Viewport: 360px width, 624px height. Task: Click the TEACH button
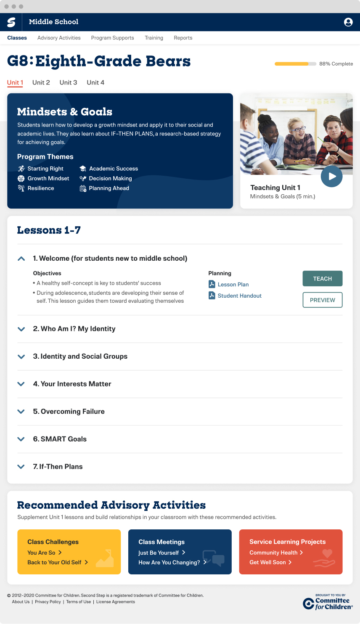click(x=323, y=279)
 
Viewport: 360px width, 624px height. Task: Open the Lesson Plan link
click(x=233, y=285)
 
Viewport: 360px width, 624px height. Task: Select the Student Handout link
click(x=239, y=296)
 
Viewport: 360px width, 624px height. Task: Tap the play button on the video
click(x=332, y=177)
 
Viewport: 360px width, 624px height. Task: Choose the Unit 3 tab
click(x=68, y=83)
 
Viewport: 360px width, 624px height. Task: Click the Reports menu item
click(x=183, y=38)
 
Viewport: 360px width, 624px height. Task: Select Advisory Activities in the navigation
click(x=59, y=38)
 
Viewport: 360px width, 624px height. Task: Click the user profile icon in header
click(x=348, y=22)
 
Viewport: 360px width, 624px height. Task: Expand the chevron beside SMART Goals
click(x=21, y=439)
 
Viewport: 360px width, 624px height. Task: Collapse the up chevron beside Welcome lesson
click(x=21, y=259)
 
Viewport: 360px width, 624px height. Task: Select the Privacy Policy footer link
click(x=48, y=602)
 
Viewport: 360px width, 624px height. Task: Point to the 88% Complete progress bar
click(x=295, y=64)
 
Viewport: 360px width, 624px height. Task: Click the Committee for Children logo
click(x=328, y=602)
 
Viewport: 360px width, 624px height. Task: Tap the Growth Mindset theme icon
click(x=21, y=179)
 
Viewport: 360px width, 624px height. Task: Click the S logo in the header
click(x=11, y=22)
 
